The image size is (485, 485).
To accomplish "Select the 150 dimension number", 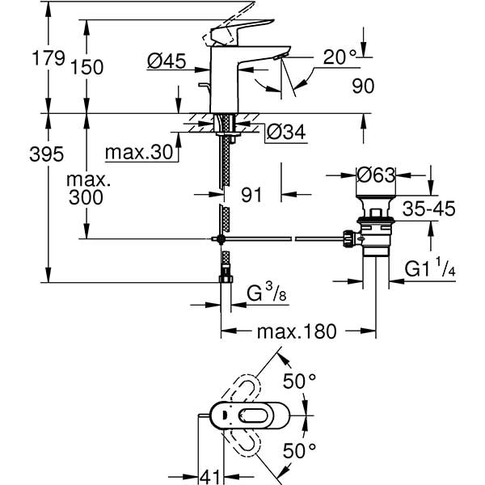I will pyautogui.click(x=87, y=67).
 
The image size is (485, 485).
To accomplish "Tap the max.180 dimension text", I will pyautogui.click(x=296, y=332).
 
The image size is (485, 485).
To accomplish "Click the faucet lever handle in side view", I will pyautogui.click(x=231, y=28).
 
